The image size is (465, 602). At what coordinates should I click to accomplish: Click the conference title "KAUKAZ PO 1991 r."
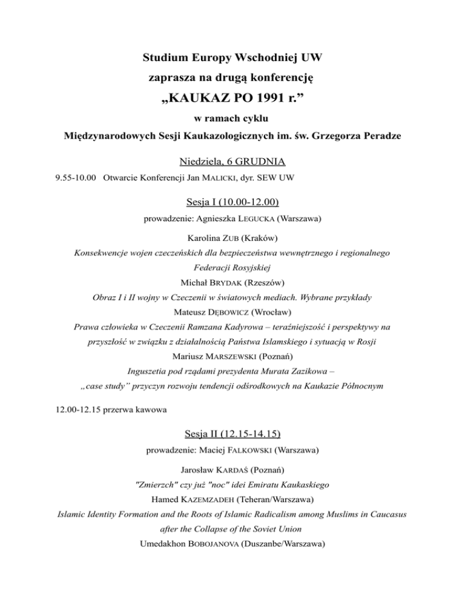(x=232, y=98)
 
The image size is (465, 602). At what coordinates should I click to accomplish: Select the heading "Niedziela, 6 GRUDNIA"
(x=232, y=162)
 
